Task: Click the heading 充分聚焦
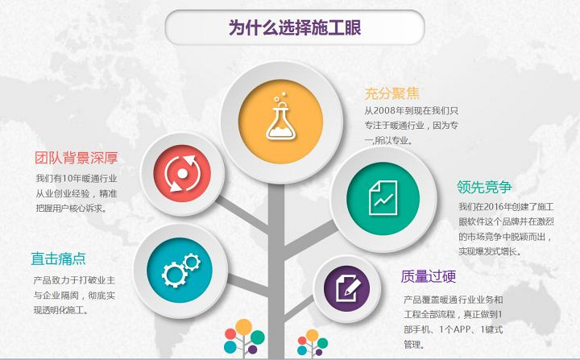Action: click(x=391, y=93)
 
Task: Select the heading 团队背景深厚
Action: click(x=77, y=157)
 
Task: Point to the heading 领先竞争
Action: click(x=484, y=187)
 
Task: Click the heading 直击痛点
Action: click(x=59, y=259)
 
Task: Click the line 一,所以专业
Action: click(x=387, y=140)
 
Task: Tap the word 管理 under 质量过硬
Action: click(x=413, y=344)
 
